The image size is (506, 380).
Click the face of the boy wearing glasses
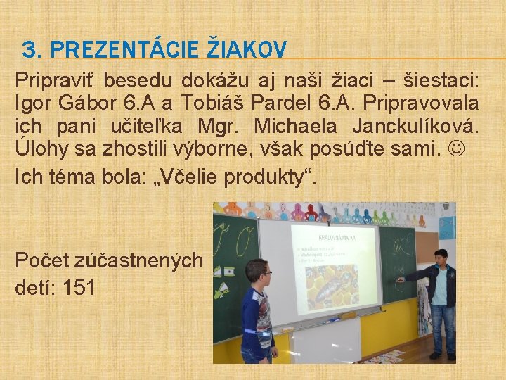[257, 272]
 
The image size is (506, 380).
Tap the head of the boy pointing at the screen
[440, 258]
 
